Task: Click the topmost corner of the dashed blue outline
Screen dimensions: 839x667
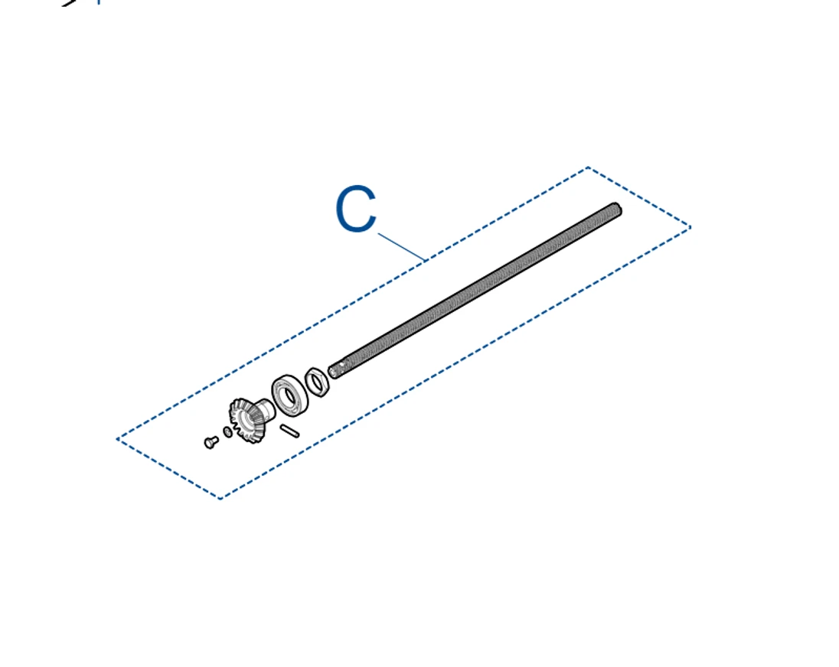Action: pos(588,168)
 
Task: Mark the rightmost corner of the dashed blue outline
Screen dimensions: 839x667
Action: pos(690,227)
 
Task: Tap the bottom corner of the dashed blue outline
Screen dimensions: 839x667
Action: pos(220,498)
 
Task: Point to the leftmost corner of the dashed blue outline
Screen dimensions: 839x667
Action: pos(117,439)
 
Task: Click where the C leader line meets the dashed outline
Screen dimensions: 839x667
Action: pos(426,260)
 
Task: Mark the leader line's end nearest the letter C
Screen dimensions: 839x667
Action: pos(379,233)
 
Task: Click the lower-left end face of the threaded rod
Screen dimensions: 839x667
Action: pos(334,371)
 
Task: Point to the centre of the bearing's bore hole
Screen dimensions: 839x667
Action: pos(289,395)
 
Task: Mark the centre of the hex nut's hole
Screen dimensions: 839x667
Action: pos(317,382)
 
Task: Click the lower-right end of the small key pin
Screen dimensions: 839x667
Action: pos(296,434)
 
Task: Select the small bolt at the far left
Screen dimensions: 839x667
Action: pos(211,442)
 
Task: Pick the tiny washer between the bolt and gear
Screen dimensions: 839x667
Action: pos(227,431)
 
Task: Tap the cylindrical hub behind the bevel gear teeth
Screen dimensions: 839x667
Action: pos(264,409)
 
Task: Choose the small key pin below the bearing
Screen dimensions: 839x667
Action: pos(289,430)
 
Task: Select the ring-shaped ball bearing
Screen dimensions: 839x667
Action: pos(290,396)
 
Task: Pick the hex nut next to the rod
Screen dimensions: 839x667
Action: pos(317,382)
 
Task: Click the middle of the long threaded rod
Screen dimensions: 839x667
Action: pos(475,290)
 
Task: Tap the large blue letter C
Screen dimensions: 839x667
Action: pos(356,208)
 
